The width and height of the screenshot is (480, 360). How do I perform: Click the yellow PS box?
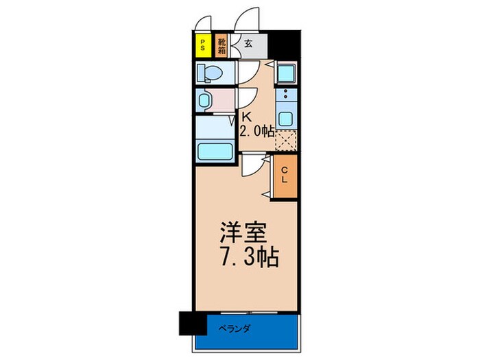pos(202,46)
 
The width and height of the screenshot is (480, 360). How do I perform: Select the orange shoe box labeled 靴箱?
pos(222,46)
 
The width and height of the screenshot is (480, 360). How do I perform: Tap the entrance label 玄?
pos(248,44)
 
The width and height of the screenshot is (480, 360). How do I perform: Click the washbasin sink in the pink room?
pos(205,101)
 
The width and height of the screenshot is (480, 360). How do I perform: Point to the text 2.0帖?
pos(257,131)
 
